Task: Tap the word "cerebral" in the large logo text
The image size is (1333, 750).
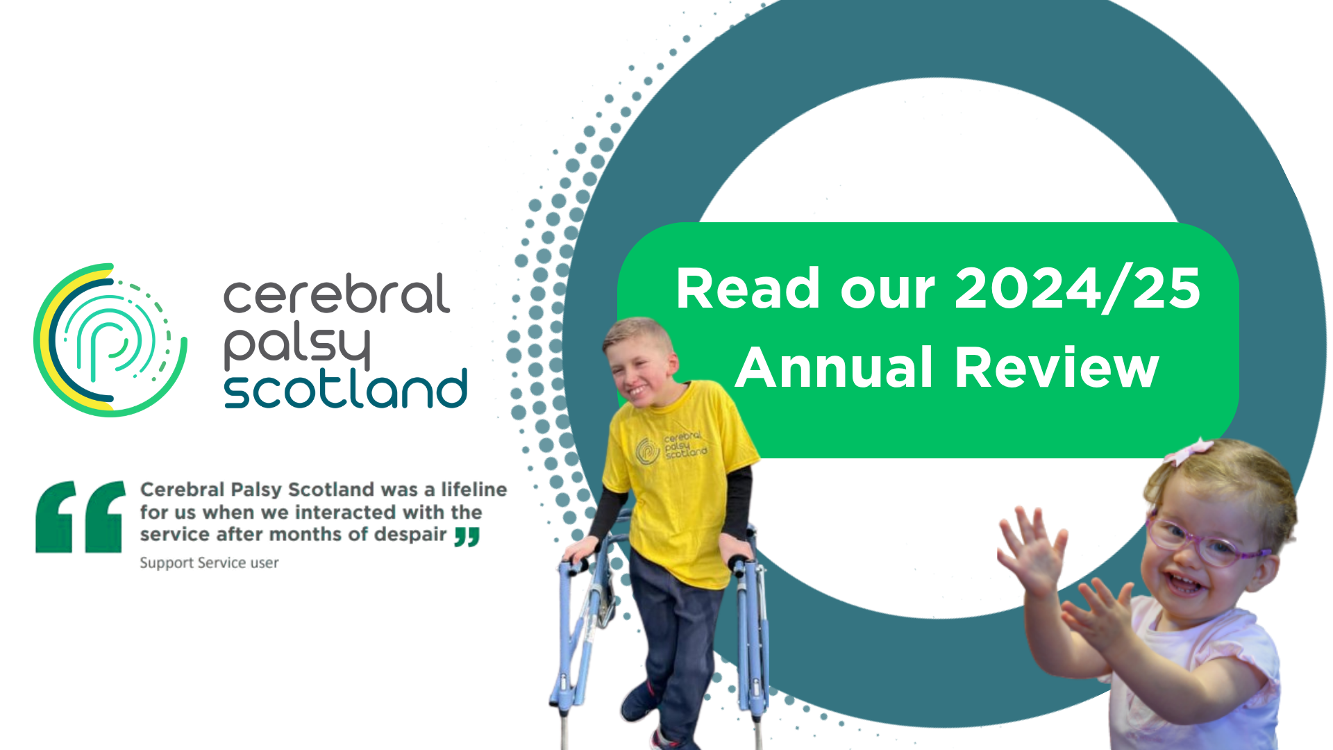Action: click(337, 294)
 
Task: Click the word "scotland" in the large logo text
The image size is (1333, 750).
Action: click(346, 389)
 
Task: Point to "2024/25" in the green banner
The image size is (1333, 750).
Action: click(1078, 288)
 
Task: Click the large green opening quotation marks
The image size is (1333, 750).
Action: click(81, 517)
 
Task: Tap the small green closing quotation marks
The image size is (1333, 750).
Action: click(467, 537)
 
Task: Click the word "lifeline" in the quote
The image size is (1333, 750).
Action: click(474, 490)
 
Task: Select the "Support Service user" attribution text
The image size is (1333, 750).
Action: click(209, 562)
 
